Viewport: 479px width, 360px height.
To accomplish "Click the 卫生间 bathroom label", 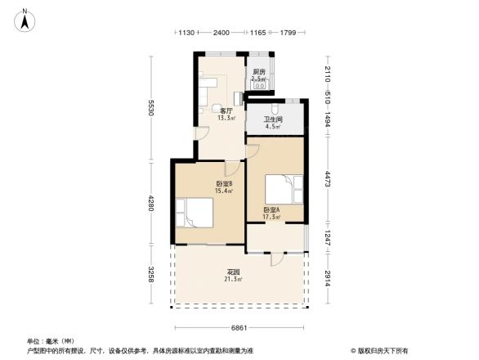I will point(271,123).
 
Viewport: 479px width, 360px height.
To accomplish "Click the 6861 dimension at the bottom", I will point(238,327).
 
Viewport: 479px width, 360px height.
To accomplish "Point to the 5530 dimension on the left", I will point(151,108).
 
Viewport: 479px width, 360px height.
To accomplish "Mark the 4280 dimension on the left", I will point(151,201).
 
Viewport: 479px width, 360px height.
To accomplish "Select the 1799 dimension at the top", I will point(289,33).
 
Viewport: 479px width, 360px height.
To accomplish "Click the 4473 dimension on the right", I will point(326,179).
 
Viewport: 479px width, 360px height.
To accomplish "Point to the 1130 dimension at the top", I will point(185,33).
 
